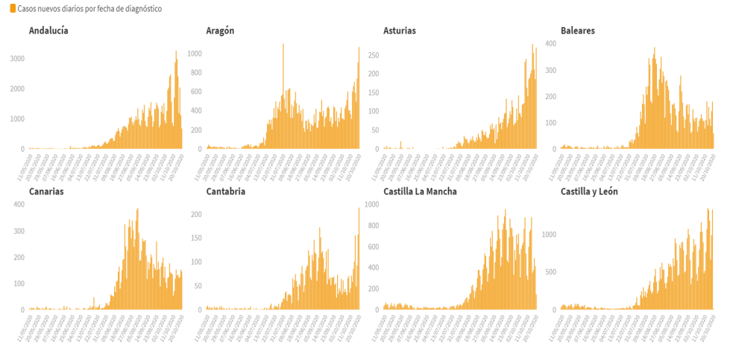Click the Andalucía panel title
[48, 31]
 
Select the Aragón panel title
[220, 31]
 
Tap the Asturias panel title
[400, 31]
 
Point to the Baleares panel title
[578, 31]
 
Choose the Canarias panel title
[46, 192]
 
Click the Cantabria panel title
[225, 192]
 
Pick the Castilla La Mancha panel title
[420, 192]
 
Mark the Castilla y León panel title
[589, 192]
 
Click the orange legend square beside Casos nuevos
[13, 9]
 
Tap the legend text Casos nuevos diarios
[89, 9]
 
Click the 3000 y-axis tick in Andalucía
[17, 59]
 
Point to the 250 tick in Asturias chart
[374, 55]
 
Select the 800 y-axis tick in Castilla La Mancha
[373, 225]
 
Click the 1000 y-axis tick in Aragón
[195, 54]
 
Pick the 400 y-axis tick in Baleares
[551, 43]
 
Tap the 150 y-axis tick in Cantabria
[197, 239]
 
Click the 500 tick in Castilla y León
[550, 272]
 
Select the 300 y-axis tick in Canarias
[19, 231]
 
